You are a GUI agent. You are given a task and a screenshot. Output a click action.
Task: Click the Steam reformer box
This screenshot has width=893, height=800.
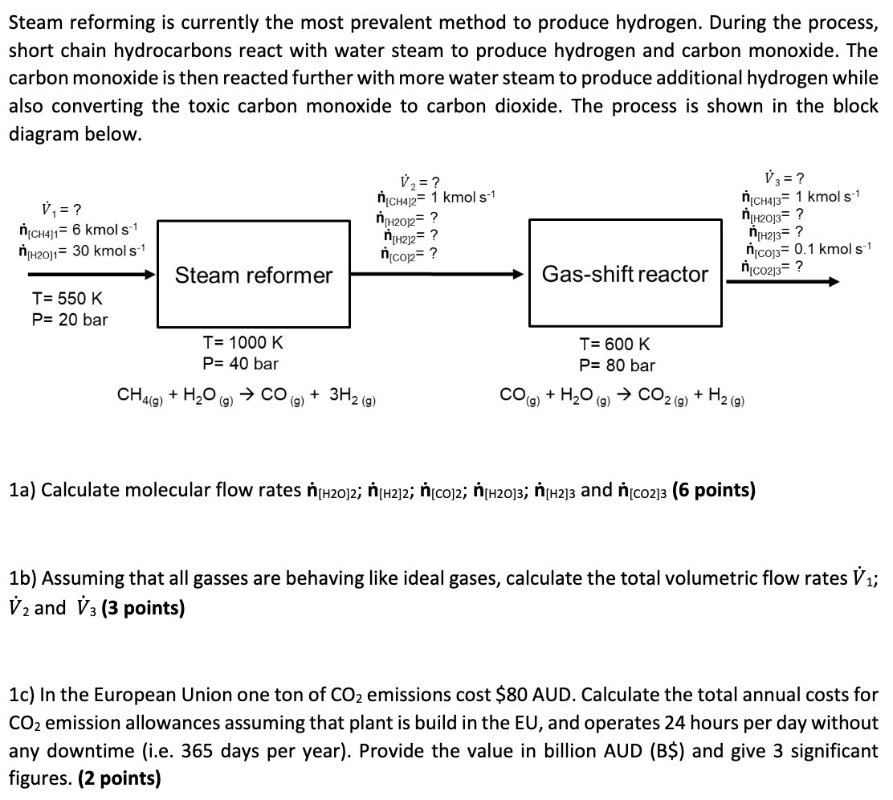click(x=254, y=275)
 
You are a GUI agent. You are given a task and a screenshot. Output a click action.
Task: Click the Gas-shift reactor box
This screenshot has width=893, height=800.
click(x=625, y=275)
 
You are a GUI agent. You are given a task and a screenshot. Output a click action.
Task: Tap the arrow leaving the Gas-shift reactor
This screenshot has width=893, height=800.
click(x=783, y=281)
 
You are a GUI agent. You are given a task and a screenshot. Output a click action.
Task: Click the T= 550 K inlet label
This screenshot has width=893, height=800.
click(x=67, y=299)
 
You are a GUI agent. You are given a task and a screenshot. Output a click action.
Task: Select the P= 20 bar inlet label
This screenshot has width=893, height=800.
click(x=69, y=320)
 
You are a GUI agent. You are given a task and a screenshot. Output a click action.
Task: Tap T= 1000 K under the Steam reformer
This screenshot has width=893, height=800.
click(x=243, y=343)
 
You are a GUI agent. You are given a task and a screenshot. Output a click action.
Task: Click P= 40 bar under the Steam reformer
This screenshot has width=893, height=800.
click(x=241, y=364)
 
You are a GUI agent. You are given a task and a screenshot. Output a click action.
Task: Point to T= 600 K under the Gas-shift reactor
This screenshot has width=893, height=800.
click(x=615, y=345)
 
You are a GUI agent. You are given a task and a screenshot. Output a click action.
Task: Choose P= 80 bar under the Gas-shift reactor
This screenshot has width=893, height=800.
click(x=617, y=365)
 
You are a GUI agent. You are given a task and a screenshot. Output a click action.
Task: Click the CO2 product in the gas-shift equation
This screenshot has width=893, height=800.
click(x=660, y=395)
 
